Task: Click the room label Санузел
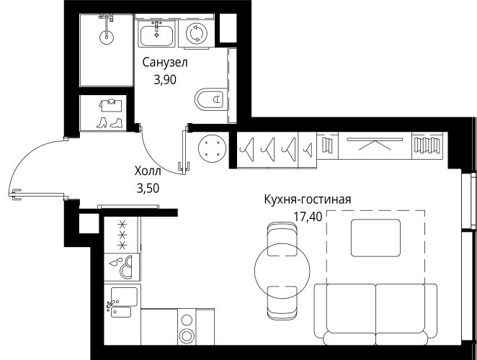(x=165, y=63)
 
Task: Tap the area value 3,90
(x=165, y=80)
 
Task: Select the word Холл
(x=148, y=171)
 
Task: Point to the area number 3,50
(x=148, y=189)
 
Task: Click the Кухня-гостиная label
(x=308, y=199)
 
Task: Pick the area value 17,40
(x=308, y=217)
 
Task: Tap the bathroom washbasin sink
(x=156, y=33)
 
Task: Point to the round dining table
(x=282, y=269)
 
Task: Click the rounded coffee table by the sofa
(x=375, y=238)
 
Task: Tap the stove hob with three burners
(x=122, y=235)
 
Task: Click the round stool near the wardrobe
(x=213, y=149)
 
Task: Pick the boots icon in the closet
(x=110, y=123)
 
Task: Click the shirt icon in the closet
(x=110, y=105)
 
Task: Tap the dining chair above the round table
(x=282, y=239)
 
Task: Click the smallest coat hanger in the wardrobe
(x=308, y=149)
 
